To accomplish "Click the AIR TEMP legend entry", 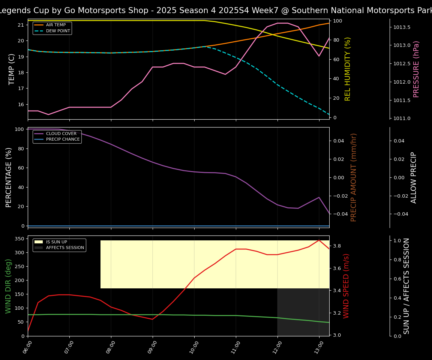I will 55,25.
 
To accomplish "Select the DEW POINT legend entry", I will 58,31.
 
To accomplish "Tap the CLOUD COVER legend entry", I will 61,133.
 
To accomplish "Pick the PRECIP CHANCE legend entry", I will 63,139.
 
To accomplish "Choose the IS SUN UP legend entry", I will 56,242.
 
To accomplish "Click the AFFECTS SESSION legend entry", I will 65,247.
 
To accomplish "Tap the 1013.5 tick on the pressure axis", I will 402,27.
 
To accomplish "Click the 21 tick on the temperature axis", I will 21,25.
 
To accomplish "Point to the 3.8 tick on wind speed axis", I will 336,246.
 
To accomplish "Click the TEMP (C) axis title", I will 12,69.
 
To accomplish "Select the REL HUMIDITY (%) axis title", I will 348,69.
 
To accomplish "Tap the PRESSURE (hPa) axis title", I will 416,69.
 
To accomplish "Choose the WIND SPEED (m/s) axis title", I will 346,286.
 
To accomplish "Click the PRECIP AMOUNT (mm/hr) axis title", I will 354,177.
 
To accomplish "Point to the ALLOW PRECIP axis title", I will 414,177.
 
